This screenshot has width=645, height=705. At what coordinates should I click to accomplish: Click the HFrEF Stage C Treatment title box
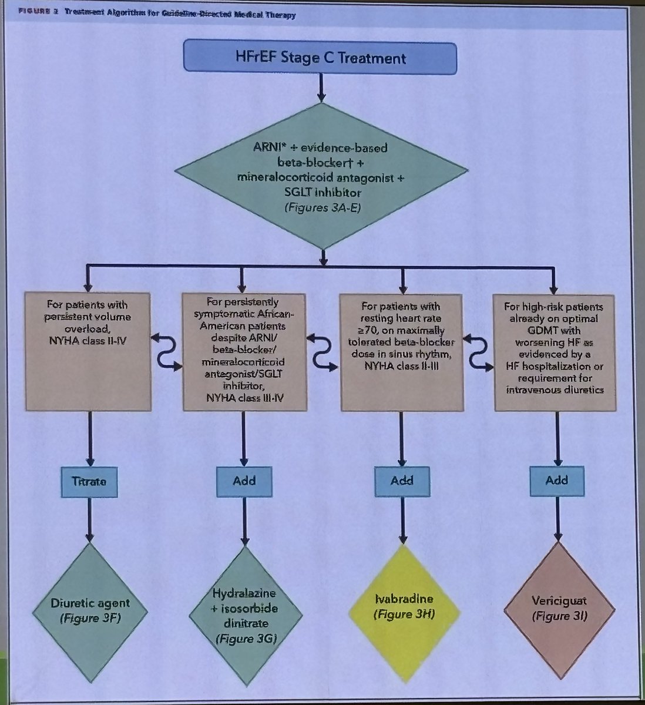pos(320,58)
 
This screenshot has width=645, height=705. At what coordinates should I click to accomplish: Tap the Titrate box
pos(90,480)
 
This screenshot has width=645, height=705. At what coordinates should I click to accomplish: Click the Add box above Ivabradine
pos(402,480)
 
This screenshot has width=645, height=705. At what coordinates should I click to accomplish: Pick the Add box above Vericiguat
pos(556,480)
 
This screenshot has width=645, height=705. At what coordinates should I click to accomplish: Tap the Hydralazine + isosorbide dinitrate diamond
pos(244,615)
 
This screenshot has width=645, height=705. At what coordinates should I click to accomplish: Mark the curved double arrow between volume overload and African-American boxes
pos(167,352)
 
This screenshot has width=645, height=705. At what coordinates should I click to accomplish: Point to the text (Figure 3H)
pos(402,614)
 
